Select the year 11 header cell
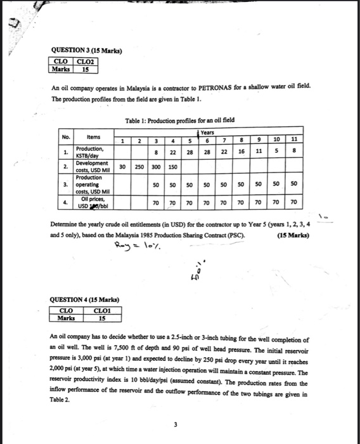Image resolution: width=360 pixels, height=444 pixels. (x=293, y=139)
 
